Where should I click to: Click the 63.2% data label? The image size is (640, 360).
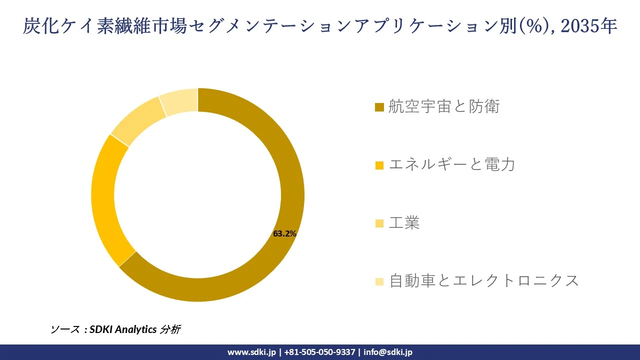click(x=285, y=233)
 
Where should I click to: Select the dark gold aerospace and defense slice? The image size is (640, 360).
click(x=280, y=150)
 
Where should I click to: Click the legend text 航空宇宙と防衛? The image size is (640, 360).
click(x=444, y=106)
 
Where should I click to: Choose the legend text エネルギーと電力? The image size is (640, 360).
click(x=451, y=164)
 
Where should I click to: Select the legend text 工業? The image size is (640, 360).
click(x=404, y=223)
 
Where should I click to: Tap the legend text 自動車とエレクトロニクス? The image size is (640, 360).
click(x=483, y=280)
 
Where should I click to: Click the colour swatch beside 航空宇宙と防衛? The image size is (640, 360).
click(x=379, y=107)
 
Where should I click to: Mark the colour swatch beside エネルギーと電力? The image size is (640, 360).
click(x=379, y=165)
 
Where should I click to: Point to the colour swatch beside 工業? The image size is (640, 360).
click(x=379, y=223)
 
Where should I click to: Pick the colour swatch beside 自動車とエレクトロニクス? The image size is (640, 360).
click(x=379, y=281)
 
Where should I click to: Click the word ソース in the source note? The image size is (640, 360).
click(x=65, y=329)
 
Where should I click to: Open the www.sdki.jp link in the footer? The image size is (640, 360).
click(x=251, y=352)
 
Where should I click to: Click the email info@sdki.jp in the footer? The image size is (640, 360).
click(x=388, y=352)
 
